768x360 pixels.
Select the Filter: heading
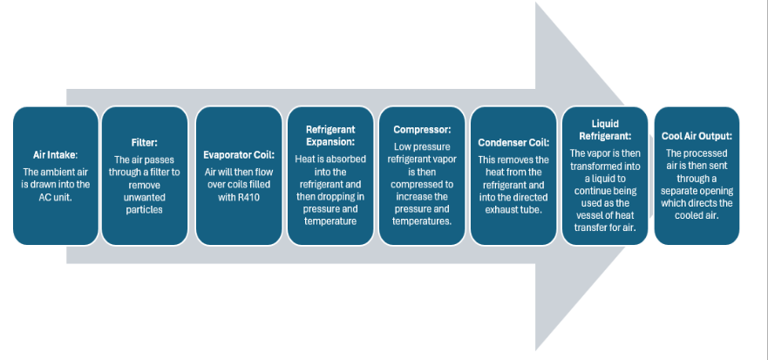145,142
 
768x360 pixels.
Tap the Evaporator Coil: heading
237,154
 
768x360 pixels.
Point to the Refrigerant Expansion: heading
330,136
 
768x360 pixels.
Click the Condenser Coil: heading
513,142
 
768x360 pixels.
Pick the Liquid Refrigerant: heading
604,130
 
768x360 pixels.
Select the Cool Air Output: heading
697,136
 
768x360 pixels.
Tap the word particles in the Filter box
145,208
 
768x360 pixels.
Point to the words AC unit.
56,196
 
